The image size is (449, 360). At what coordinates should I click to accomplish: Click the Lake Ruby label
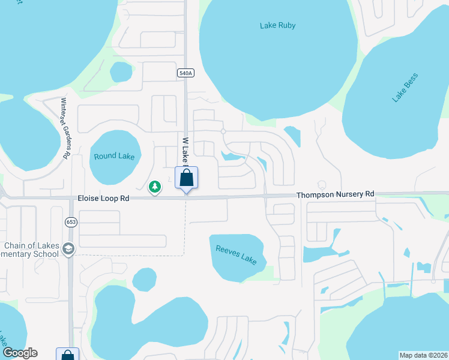pyautogui.click(x=277, y=25)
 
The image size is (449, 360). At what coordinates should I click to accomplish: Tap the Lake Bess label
pyautogui.click(x=405, y=87)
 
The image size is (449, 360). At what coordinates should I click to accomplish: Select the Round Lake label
pyautogui.click(x=114, y=157)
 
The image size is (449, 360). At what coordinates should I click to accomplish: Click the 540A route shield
pyautogui.click(x=185, y=73)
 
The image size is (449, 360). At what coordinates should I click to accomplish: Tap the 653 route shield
pyautogui.click(x=70, y=221)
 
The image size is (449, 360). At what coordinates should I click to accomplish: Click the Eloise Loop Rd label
pyautogui.click(x=103, y=198)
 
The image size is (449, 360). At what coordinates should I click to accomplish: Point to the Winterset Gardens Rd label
pyautogui.click(x=65, y=128)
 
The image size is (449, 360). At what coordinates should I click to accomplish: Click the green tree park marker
pyautogui.click(x=155, y=187)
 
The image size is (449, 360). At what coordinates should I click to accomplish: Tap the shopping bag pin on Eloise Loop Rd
pyautogui.click(x=186, y=178)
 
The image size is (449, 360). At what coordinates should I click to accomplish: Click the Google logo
pyautogui.click(x=19, y=353)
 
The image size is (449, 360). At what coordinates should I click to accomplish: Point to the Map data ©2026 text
pyautogui.click(x=423, y=355)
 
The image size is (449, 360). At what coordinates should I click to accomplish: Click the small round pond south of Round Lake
pyautogui.click(x=144, y=279)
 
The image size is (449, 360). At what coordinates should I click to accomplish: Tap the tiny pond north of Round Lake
pyautogui.click(x=121, y=72)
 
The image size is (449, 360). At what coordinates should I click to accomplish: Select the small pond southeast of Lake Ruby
pyautogui.click(x=292, y=135)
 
